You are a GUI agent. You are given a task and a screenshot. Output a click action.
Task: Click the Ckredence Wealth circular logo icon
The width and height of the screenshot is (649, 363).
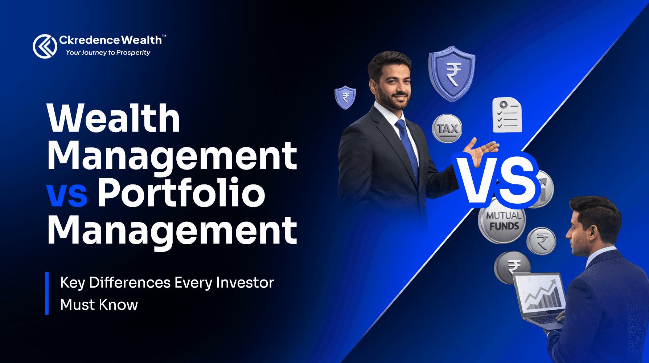click(x=45, y=46)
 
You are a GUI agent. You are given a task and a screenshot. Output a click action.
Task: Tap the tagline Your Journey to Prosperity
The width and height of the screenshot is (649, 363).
click(x=108, y=53)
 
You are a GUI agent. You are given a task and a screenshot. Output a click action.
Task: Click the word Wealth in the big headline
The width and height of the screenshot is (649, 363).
click(x=114, y=118)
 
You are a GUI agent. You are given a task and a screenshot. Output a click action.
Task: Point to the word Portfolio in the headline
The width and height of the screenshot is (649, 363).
click(x=181, y=193)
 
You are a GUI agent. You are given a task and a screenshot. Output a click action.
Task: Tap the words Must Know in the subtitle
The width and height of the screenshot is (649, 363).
click(x=99, y=305)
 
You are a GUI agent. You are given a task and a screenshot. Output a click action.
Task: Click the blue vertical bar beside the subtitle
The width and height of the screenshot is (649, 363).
click(x=47, y=293)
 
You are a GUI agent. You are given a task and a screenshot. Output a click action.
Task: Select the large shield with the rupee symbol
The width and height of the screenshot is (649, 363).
click(x=452, y=73)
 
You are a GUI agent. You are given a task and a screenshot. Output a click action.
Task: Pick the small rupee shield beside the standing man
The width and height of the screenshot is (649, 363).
click(x=345, y=97)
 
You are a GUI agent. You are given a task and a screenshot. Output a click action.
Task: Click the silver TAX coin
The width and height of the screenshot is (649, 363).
click(x=447, y=129)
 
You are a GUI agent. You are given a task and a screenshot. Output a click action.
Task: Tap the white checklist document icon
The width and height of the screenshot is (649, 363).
click(x=507, y=115)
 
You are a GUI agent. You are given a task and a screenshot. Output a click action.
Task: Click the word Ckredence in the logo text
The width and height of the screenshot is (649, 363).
click(x=89, y=40)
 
